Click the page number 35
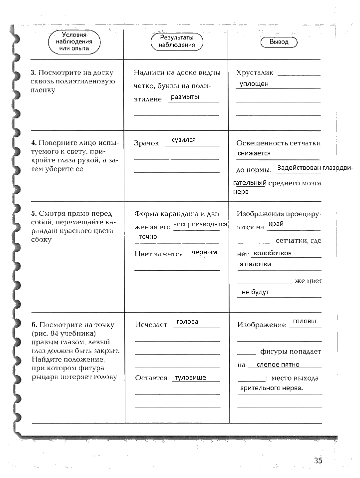318,461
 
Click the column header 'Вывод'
279,42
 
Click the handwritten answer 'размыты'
185,97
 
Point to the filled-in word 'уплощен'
254,84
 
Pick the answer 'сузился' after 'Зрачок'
184,140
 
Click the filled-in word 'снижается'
254,153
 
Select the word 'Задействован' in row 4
299,168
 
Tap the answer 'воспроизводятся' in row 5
200,224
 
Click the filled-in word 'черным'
205,253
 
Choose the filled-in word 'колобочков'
273,253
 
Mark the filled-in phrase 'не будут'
255,292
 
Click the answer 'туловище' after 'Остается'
190,378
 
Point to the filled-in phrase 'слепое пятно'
278,365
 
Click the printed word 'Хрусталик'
255,73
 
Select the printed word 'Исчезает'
151,325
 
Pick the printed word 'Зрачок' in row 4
146,143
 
